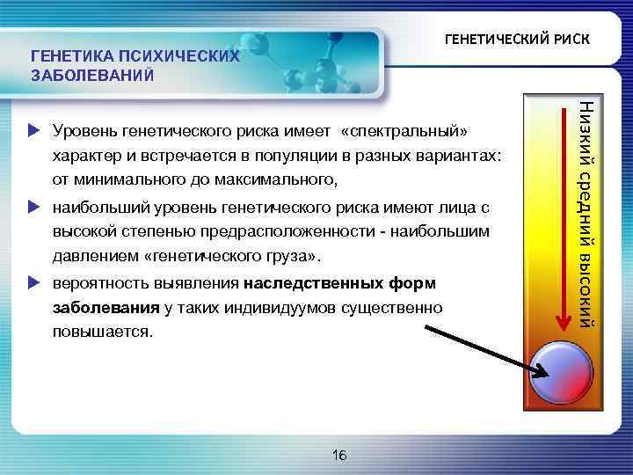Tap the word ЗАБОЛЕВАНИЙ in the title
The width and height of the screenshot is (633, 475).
(93, 75)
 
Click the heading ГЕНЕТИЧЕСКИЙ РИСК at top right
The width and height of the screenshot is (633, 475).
(517, 40)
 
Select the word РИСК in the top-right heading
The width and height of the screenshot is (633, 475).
(572, 40)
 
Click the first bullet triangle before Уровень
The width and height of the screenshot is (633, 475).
(34, 131)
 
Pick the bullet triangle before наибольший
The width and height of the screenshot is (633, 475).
(34, 208)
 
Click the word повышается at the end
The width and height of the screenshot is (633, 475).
(102, 334)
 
